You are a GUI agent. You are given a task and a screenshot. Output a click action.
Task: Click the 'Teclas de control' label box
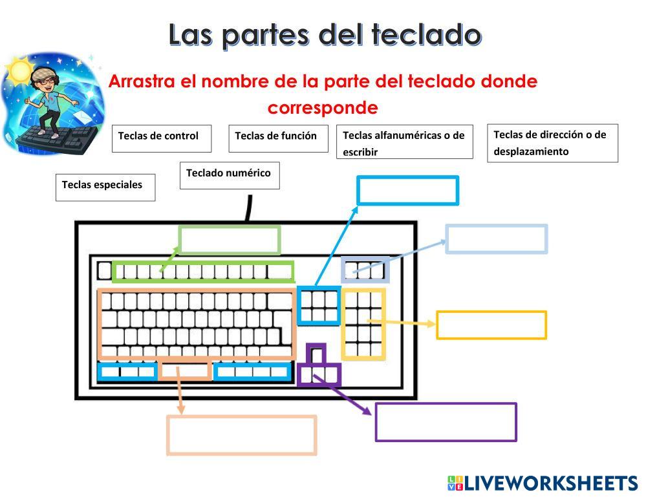[x=162, y=138]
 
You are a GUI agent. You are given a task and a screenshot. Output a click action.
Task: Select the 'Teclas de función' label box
[x=278, y=138]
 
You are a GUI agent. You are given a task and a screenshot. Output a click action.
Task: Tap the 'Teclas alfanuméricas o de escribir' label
[x=404, y=142]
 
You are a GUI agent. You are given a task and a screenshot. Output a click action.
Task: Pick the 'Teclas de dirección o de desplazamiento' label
[x=552, y=143]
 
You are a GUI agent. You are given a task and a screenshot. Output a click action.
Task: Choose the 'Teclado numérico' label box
[x=230, y=175]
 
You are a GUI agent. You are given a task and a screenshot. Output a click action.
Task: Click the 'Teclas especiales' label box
[x=105, y=187]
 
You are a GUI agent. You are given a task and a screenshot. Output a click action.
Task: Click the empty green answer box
[x=230, y=240]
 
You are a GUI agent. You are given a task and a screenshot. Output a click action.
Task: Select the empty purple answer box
[x=446, y=422]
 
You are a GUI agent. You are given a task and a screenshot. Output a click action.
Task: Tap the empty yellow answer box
[x=491, y=324]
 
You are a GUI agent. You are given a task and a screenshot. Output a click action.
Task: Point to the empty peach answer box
[x=242, y=435]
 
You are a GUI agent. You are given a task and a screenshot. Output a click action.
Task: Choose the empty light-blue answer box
[x=497, y=239]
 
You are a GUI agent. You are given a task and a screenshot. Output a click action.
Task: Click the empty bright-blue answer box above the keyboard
[x=407, y=191]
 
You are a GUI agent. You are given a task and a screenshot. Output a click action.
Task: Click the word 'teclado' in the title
[x=427, y=35]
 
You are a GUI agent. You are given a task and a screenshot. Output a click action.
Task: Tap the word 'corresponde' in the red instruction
[x=322, y=107]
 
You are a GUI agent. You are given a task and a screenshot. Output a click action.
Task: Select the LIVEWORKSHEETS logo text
[x=550, y=483]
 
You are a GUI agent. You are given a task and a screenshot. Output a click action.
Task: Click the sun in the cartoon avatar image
[x=19, y=68]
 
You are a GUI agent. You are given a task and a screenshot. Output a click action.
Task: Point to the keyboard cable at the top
[x=249, y=208]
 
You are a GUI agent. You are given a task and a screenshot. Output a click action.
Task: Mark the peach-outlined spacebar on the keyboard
[x=186, y=371]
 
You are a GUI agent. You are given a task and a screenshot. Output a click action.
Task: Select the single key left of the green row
[x=104, y=270]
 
